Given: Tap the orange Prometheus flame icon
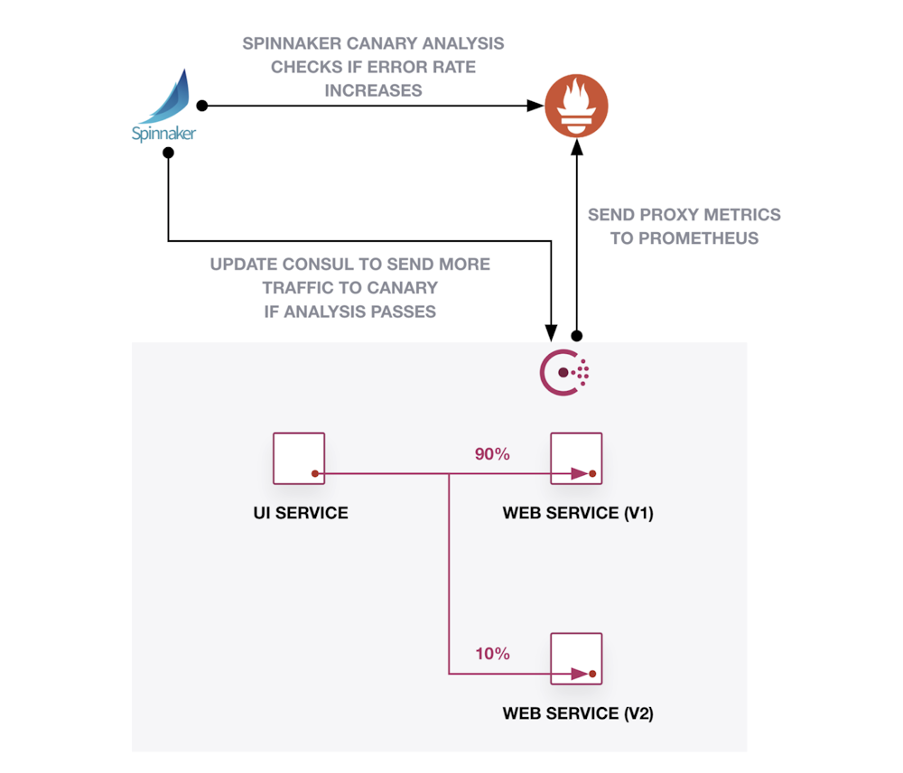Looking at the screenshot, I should click(576, 106).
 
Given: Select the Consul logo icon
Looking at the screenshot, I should click(565, 371).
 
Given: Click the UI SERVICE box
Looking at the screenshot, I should click(299, 458).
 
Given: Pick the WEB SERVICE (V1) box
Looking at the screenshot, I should click(576, 458).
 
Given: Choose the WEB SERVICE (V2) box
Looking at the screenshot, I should click(576, 658).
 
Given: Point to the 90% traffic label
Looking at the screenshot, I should click(492, 454).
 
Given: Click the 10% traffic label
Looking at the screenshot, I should click(492, 654).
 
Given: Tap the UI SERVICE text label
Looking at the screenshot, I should click(300, 513).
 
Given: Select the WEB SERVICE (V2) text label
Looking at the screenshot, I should click(578, 713).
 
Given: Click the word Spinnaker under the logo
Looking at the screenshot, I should click(163, 135).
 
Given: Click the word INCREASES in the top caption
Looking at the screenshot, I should click(373, 90).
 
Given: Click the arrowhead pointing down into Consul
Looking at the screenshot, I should click(552, 328).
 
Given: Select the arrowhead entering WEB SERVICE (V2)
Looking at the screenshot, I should click(579, 674).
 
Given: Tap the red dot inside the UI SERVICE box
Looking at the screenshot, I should click(314, 473).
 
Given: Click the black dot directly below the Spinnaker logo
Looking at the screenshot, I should click(168, 154).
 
